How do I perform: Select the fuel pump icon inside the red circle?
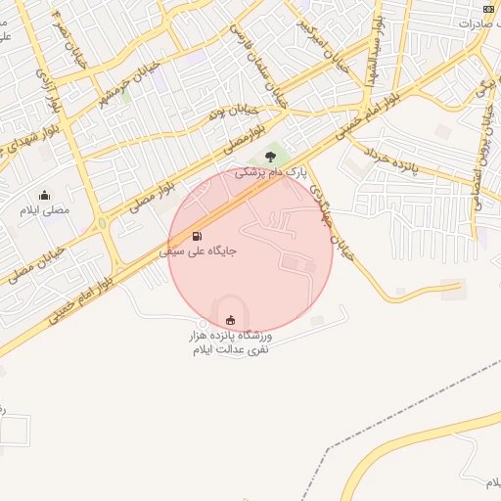[x=198, y=236]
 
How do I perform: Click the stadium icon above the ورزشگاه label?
[x=231, y=320]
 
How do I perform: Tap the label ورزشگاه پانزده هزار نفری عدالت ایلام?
[x=231, y=342]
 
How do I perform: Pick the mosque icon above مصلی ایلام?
[x=44, y=195]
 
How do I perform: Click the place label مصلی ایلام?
[x=44, y=209]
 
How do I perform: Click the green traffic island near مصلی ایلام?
[x=102, y=223]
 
